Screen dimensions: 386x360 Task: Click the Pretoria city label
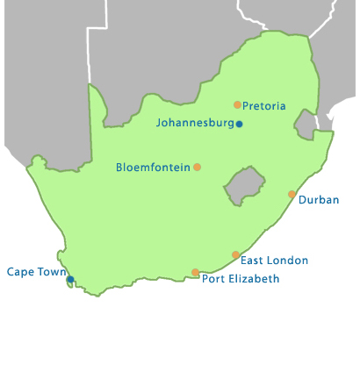point(264,106)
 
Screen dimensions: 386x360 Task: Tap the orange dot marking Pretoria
point(237,105)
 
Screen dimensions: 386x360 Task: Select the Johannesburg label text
point(195,123)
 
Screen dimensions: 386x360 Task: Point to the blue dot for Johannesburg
point(239,124)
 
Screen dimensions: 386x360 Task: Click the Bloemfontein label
point(153,167)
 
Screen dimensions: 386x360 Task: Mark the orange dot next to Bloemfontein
point(197,167)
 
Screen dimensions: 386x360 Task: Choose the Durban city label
point(319,200)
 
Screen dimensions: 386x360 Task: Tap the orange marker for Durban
point(292,194)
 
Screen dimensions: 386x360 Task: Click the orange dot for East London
point(235,254)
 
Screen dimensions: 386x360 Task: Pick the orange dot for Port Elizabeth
point(195,272)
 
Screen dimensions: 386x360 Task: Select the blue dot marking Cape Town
point(70,279)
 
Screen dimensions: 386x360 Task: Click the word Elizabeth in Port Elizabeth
point(253,279)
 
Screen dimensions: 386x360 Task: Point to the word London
point(289,261)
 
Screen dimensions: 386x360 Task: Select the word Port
point(212,279)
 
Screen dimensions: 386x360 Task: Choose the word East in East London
point(252,261)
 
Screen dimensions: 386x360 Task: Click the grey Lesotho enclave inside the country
point(244,185)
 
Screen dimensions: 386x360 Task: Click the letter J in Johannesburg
point(159,123)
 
